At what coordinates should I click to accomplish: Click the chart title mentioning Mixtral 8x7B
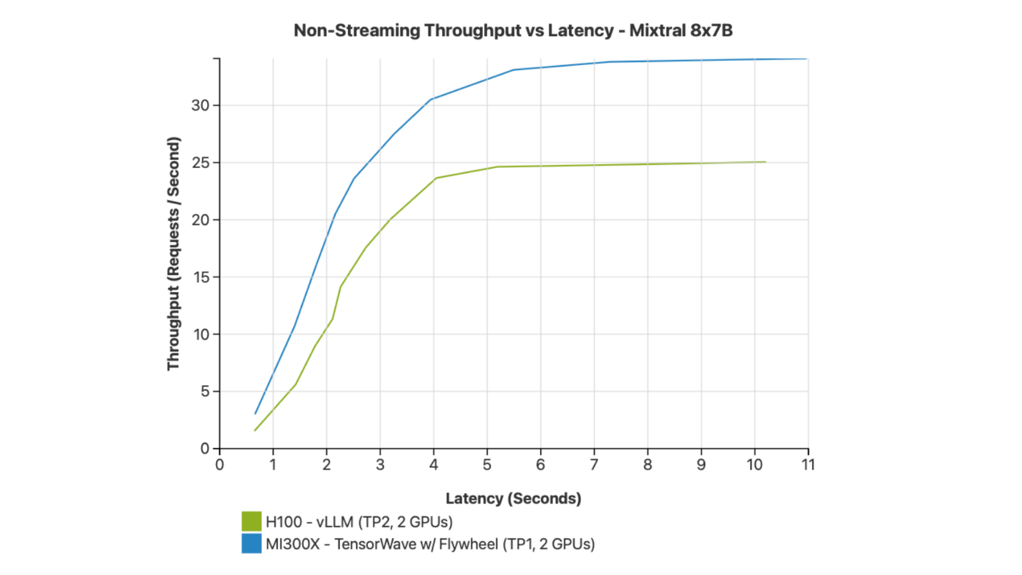pyautogui.click(x=513, y=31)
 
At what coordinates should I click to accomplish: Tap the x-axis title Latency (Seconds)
pyautogui.click(x=514, y=498)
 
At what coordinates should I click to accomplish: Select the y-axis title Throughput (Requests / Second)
pyautogui.click(x=173, y=254)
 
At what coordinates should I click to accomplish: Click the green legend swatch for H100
pyautogui.click(x=252, y=521)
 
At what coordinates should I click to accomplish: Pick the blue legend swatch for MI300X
pyautogui.click(x=252, y=544)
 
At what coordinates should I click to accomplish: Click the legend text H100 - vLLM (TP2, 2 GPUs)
pyautogui.click(x=359, y=521)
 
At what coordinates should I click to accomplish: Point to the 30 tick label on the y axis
pyautogui.click(x=200, y=105)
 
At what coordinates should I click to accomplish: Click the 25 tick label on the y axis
pyautogui.click(x=200, y=162)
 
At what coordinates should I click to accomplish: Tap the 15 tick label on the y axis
pyautogui.click(x=201, y=277)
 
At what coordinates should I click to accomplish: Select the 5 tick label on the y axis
pyautogui.click(x=205, y=392)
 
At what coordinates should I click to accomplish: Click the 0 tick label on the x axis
pyautogui.click(x=220, y=464)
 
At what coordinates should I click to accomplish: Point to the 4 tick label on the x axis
pyautogui.click(x=434, y=464)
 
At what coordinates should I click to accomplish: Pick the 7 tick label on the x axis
pyautogui.click(x=594, y=464)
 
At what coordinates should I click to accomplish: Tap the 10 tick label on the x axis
pyautogui.click(x=754, y=464)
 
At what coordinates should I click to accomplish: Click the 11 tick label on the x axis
pyautogui.click(x=807, y=464)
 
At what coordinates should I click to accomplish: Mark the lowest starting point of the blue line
pyautogui.click(x=255, y=414)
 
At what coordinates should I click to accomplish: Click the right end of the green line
pyautogui.click(x=766, y=162)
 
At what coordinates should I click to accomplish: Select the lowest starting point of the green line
pyautogui.click(x=255, y=431)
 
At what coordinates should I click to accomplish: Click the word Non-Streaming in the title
pyautogui.click(x=357, y=31)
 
